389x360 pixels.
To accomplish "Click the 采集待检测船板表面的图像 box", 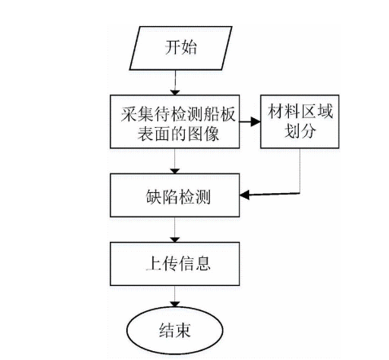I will point(175,123).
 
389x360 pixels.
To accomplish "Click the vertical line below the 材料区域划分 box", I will point(301,171).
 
